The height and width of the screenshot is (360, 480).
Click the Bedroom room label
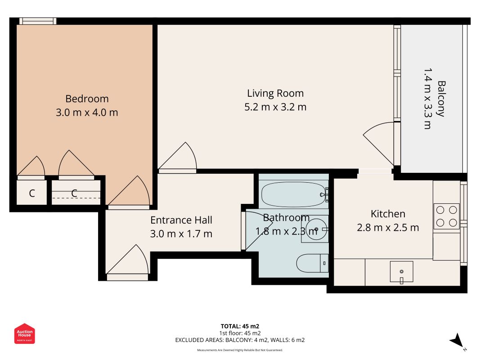click(x=87, y=99)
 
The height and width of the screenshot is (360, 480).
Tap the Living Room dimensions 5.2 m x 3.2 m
click(x=275, y=107)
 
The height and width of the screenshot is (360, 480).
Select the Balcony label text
click(x=441, y=99)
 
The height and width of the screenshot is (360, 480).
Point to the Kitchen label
click(x=388, y=214)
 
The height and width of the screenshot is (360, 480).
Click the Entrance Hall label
click(x=181, y=220)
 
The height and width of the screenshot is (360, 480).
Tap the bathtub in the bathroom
click(x=294, y=195)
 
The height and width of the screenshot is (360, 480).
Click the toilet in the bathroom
click(x=312, y=263)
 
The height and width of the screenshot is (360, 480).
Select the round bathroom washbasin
click(x=316, y=229)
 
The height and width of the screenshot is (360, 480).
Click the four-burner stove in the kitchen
click(x=447, y=216)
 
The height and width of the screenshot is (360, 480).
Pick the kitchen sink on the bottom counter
click(x=401, y=271)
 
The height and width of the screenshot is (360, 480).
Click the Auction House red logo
click(x=24, y=333)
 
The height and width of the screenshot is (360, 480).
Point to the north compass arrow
click(x=458, y=340)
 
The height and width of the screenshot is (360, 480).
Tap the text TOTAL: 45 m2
click(x=240, y=326)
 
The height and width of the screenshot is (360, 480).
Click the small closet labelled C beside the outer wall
click(x=31, y=193)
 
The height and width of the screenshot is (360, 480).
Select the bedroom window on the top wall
click(x=38, y=21)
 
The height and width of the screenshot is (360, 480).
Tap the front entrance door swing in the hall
click(x=128, y=259)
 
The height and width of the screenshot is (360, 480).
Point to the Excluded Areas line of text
click(x=240, y=340)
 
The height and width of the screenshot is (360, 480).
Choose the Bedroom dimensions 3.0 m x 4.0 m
click(x=87, y=112)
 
